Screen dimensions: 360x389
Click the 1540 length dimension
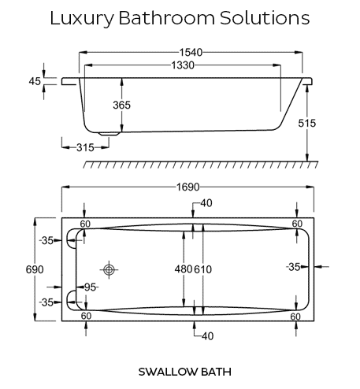[191, 53]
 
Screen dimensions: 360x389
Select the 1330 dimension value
[183, 65]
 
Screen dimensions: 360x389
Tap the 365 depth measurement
[121, 105]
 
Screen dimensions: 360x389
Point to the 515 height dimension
[307, 123]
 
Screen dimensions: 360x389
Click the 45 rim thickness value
[35, 81]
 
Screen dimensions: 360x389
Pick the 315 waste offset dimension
[85, 147]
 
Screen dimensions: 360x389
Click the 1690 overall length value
[188, 187]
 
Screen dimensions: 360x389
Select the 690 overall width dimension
[35, 269]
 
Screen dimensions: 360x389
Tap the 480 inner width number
[184, 269]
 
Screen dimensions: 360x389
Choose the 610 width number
[202, 269]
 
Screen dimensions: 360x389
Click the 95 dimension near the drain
[91, 287]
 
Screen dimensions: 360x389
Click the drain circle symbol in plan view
[109, 269]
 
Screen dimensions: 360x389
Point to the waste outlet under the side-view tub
[109, 134]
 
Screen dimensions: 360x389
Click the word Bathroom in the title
[167, 18]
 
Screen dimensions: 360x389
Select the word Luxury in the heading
[82, 18]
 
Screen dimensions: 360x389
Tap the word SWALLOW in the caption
[169, 372]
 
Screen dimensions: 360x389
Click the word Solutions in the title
[265, 18]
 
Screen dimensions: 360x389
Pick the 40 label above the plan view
[206, 203]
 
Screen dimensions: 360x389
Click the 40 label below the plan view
[207, 336]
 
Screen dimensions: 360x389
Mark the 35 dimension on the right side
[294, 267]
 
